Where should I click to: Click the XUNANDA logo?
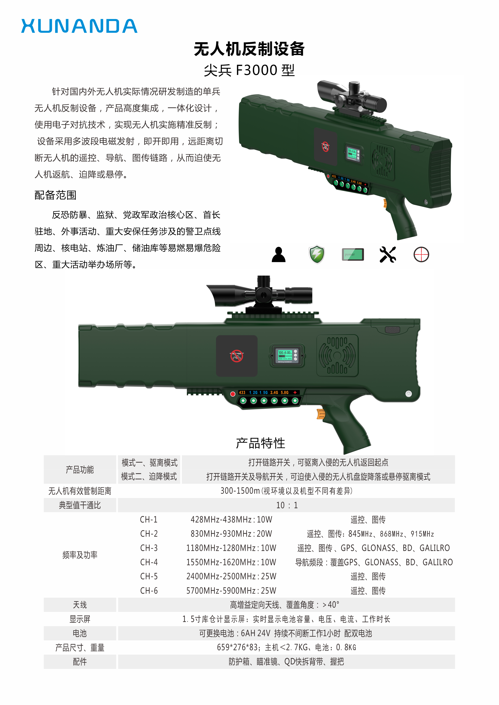pos(79,26)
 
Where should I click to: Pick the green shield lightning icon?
pos(317,255)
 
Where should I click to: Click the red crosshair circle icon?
pos(421,255)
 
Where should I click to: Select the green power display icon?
pos(353,255)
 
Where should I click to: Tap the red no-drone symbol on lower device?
pos(237,356)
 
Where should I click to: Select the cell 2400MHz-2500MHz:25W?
pos(231,577)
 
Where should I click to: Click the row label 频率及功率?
pos(80,555)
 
